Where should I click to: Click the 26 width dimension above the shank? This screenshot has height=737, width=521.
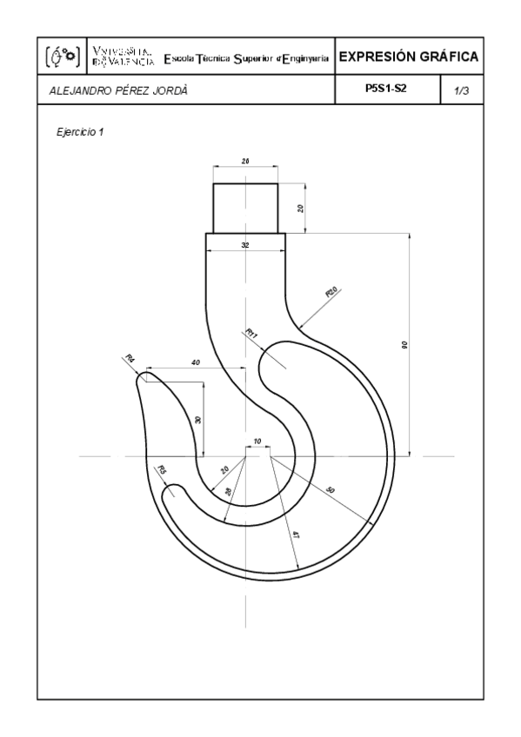pyautogui.click(x=245, y=162)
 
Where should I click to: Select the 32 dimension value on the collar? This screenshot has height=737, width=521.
pyautogui.click(x=245, y=246)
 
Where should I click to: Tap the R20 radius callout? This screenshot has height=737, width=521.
pyautogui.click(x=331, y=294)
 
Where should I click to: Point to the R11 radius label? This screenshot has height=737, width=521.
pyautogui.click(x=252, y=334)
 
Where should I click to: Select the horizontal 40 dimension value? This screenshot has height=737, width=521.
pyautogui.click(x=195, y=362)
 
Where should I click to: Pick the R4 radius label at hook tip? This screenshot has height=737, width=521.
pyautogui.click(x=129, y=359)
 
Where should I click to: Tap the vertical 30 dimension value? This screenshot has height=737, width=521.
pyautogui.click(x=198, y=419)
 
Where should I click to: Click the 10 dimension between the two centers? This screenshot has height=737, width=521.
pyautogui.click(x=257, y=442)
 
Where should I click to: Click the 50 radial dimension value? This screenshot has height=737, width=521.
pyautogui.click(x=330, y=490)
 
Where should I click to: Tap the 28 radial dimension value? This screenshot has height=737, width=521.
pyautogui.click(x=229, y=492)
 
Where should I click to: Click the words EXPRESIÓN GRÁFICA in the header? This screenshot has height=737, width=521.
pyautogui.click(x=408, y=57)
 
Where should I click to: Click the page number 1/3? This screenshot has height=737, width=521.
pyautogui.click(x=462, y=90)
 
